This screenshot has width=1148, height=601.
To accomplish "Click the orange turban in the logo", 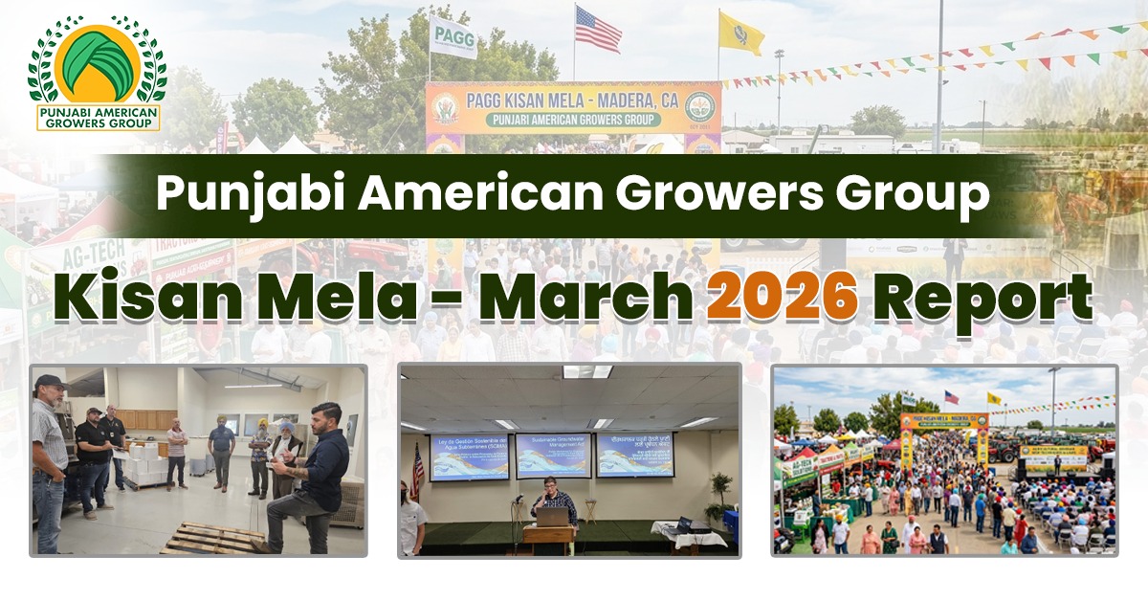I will coord(97,62).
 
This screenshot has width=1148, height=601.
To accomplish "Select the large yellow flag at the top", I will coord(740,33).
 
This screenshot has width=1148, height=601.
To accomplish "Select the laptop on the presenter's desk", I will coord(552,517).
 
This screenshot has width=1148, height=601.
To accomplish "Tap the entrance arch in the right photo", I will coord(942,431).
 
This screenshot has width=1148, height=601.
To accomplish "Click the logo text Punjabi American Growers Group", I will coord(97,117).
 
